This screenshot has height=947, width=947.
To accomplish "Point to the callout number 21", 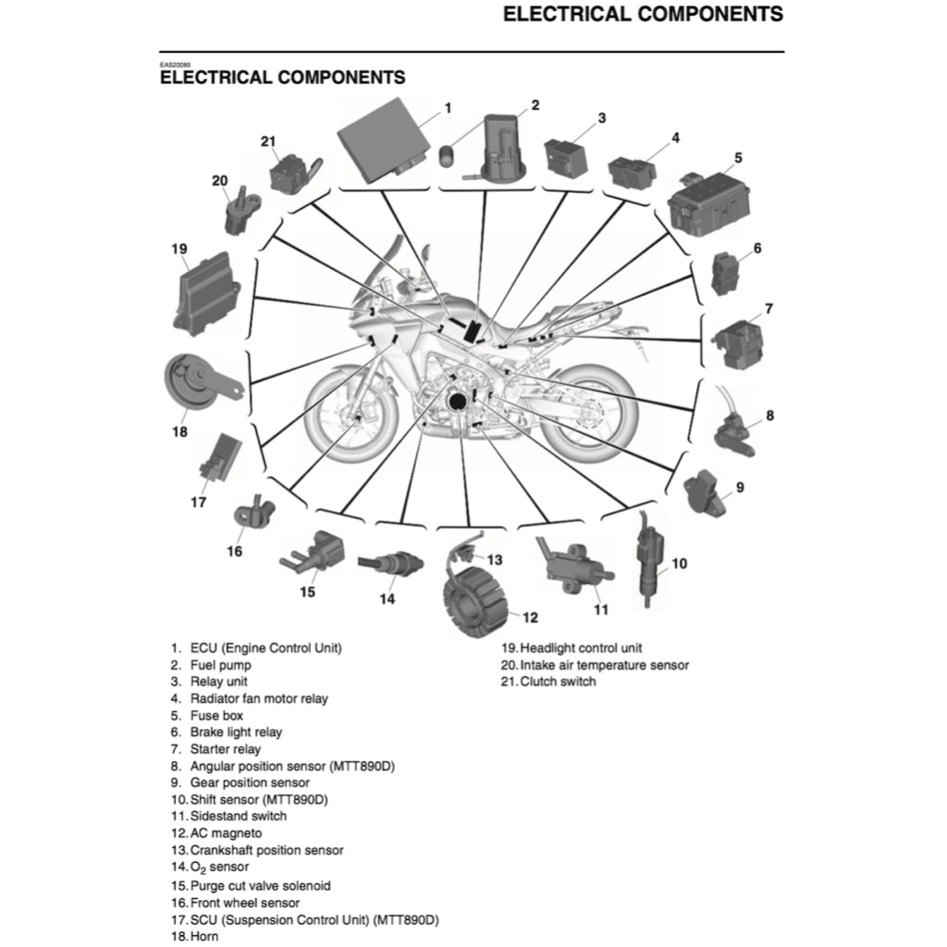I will pos(268,141).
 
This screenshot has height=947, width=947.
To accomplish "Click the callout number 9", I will pos(740,486).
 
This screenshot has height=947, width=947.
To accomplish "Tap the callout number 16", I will pos(235,551).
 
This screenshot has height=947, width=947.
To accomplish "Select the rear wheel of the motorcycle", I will pos(587,416).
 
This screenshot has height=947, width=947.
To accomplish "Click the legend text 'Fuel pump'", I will pos(220,665).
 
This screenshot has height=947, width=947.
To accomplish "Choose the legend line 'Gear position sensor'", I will pos(250,782).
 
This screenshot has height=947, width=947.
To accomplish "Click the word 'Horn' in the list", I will pos(204,937).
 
